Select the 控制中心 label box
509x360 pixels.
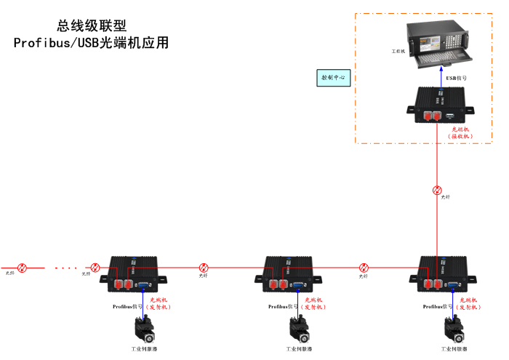point(334,77)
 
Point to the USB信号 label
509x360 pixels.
point(457,77)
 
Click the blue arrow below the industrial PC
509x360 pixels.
point(439,76)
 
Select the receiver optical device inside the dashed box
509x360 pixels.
point(439,105)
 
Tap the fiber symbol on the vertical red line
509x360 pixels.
point(437,191)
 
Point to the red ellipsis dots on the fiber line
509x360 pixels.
point(65,268)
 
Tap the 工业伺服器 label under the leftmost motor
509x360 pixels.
point(144,350)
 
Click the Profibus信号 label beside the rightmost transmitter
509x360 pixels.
point(437,307)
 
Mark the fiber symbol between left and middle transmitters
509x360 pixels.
point(204,268)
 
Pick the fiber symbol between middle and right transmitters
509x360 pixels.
point(364,268)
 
